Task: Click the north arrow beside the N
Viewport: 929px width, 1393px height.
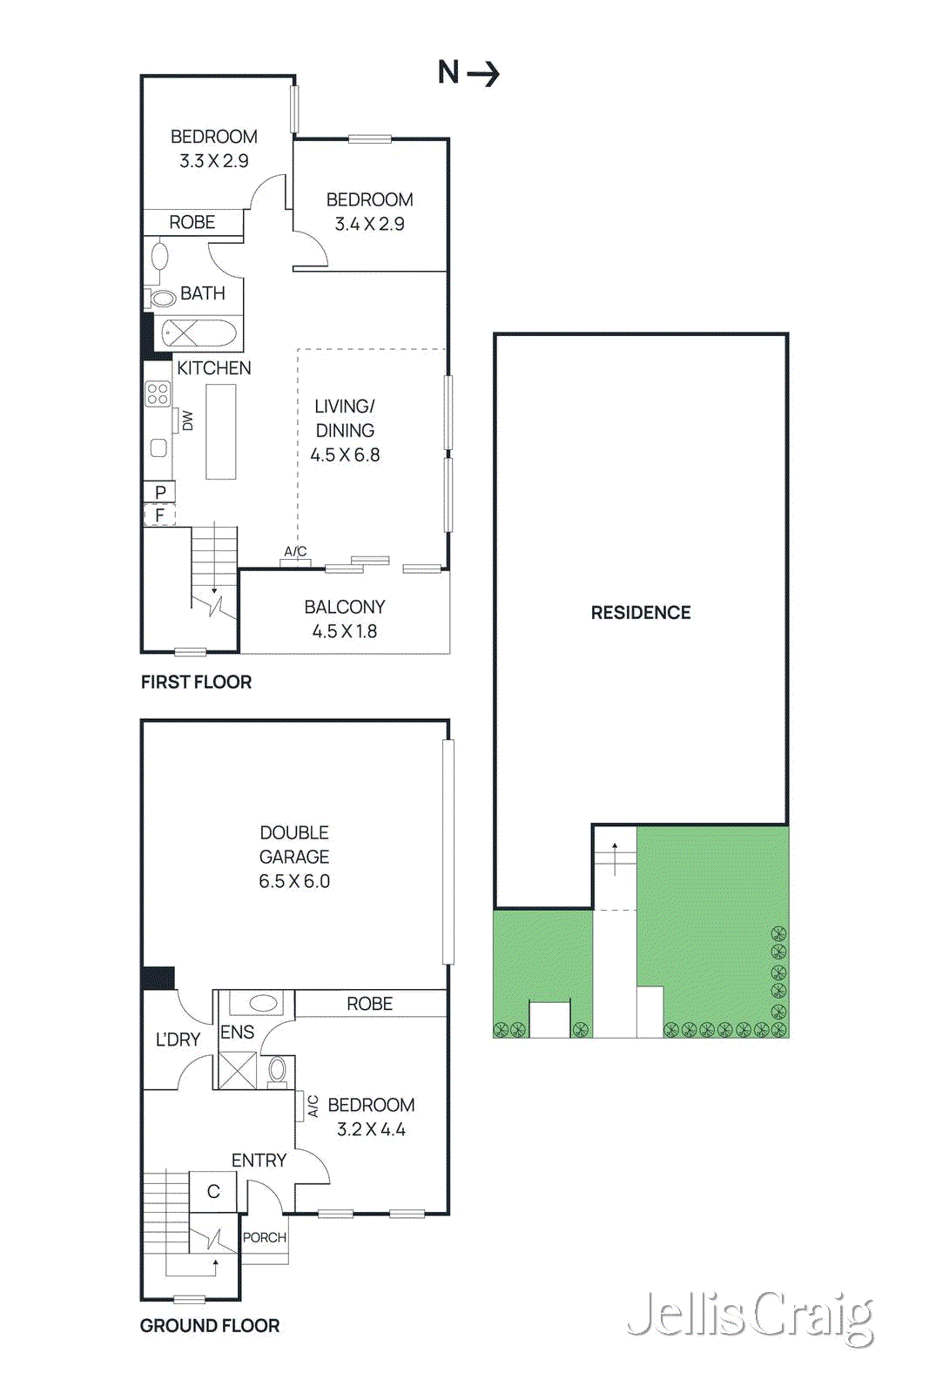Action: pos(484,74)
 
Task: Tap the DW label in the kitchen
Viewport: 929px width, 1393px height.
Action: pos(187,421)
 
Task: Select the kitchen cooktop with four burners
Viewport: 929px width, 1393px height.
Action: pos(158,394)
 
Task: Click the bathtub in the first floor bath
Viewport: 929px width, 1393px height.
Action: pos(199,333)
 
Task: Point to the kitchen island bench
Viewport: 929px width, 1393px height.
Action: pos(221,432)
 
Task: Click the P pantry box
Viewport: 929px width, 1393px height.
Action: pos(160,492)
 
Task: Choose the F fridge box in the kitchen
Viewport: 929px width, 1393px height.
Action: pos(160,515)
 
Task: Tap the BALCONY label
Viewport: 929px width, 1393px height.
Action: pos(345,607)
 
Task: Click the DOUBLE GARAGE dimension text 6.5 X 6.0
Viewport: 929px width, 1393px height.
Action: pos(294,881)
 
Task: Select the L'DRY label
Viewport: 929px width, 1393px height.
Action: pos(178,1040)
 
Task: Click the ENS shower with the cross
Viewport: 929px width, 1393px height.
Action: pos(237,1071)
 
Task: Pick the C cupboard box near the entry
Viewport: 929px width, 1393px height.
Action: pos(213,1191)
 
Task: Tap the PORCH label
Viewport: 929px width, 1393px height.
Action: pos(265,1237)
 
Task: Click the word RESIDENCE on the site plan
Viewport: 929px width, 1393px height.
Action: pos(641,613)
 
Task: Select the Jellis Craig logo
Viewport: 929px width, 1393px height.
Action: pos(750,1316)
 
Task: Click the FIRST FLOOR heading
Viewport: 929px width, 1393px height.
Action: pos(196,683)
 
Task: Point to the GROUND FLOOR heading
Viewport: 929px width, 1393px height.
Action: pos(210,1326)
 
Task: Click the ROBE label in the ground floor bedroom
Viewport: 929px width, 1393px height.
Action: pos(370,1004)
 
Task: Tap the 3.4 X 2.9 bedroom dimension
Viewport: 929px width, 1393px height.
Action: pos(370,224)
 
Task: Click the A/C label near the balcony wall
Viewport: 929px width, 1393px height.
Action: pos(295,552)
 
